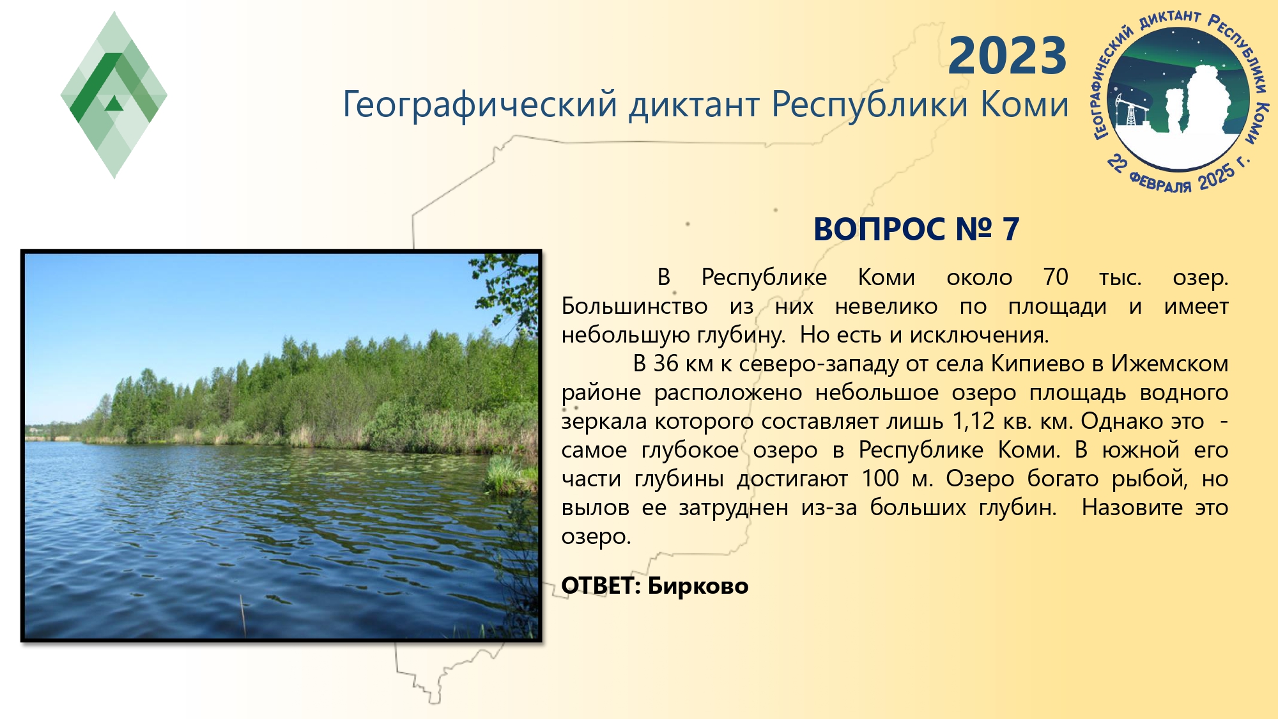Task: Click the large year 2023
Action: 1007,56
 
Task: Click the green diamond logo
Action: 114,95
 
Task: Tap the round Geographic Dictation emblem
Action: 1180,101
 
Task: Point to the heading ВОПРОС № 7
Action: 916,229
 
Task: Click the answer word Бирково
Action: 698,585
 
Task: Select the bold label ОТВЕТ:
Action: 601,585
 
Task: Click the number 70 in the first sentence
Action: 1056,277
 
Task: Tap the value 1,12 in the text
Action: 973,421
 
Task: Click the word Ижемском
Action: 1169,364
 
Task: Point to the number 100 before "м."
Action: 880,478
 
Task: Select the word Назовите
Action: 1132,507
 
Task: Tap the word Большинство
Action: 635,306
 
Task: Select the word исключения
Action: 979,335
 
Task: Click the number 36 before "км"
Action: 665,364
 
